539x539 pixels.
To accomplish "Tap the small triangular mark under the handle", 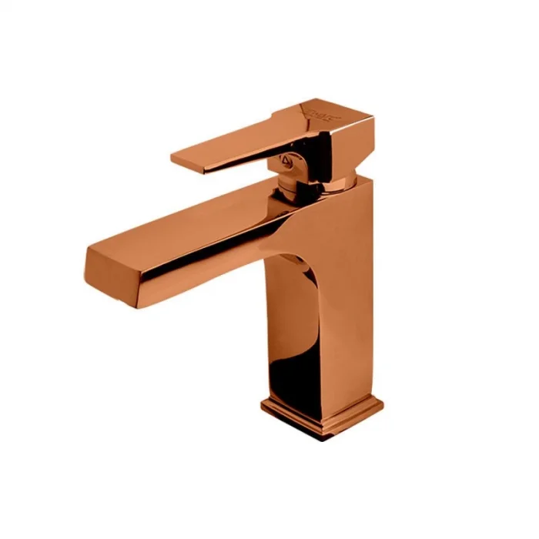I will [x=287, y=161].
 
